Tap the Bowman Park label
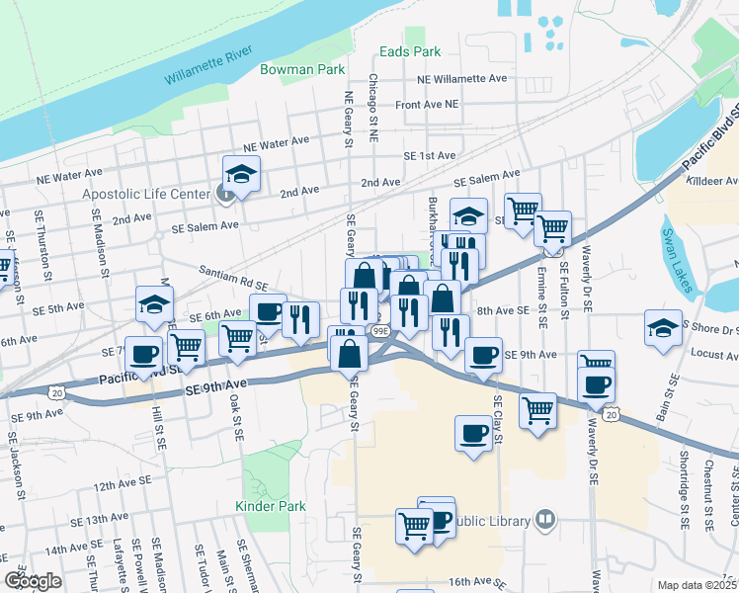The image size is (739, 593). pos(302,70)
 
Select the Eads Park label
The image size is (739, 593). pos(411,51)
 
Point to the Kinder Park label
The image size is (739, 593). pos(271,506)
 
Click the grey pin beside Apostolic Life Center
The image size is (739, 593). pos(225,194)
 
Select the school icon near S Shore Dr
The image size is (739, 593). pos(663,329)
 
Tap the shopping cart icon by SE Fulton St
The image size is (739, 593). pos(552,228)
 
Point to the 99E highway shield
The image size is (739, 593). pos(381,330)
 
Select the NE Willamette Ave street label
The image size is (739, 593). pos(462,79)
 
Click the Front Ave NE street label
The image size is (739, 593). pos(427,104)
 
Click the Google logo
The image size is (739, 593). pos(33,581)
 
